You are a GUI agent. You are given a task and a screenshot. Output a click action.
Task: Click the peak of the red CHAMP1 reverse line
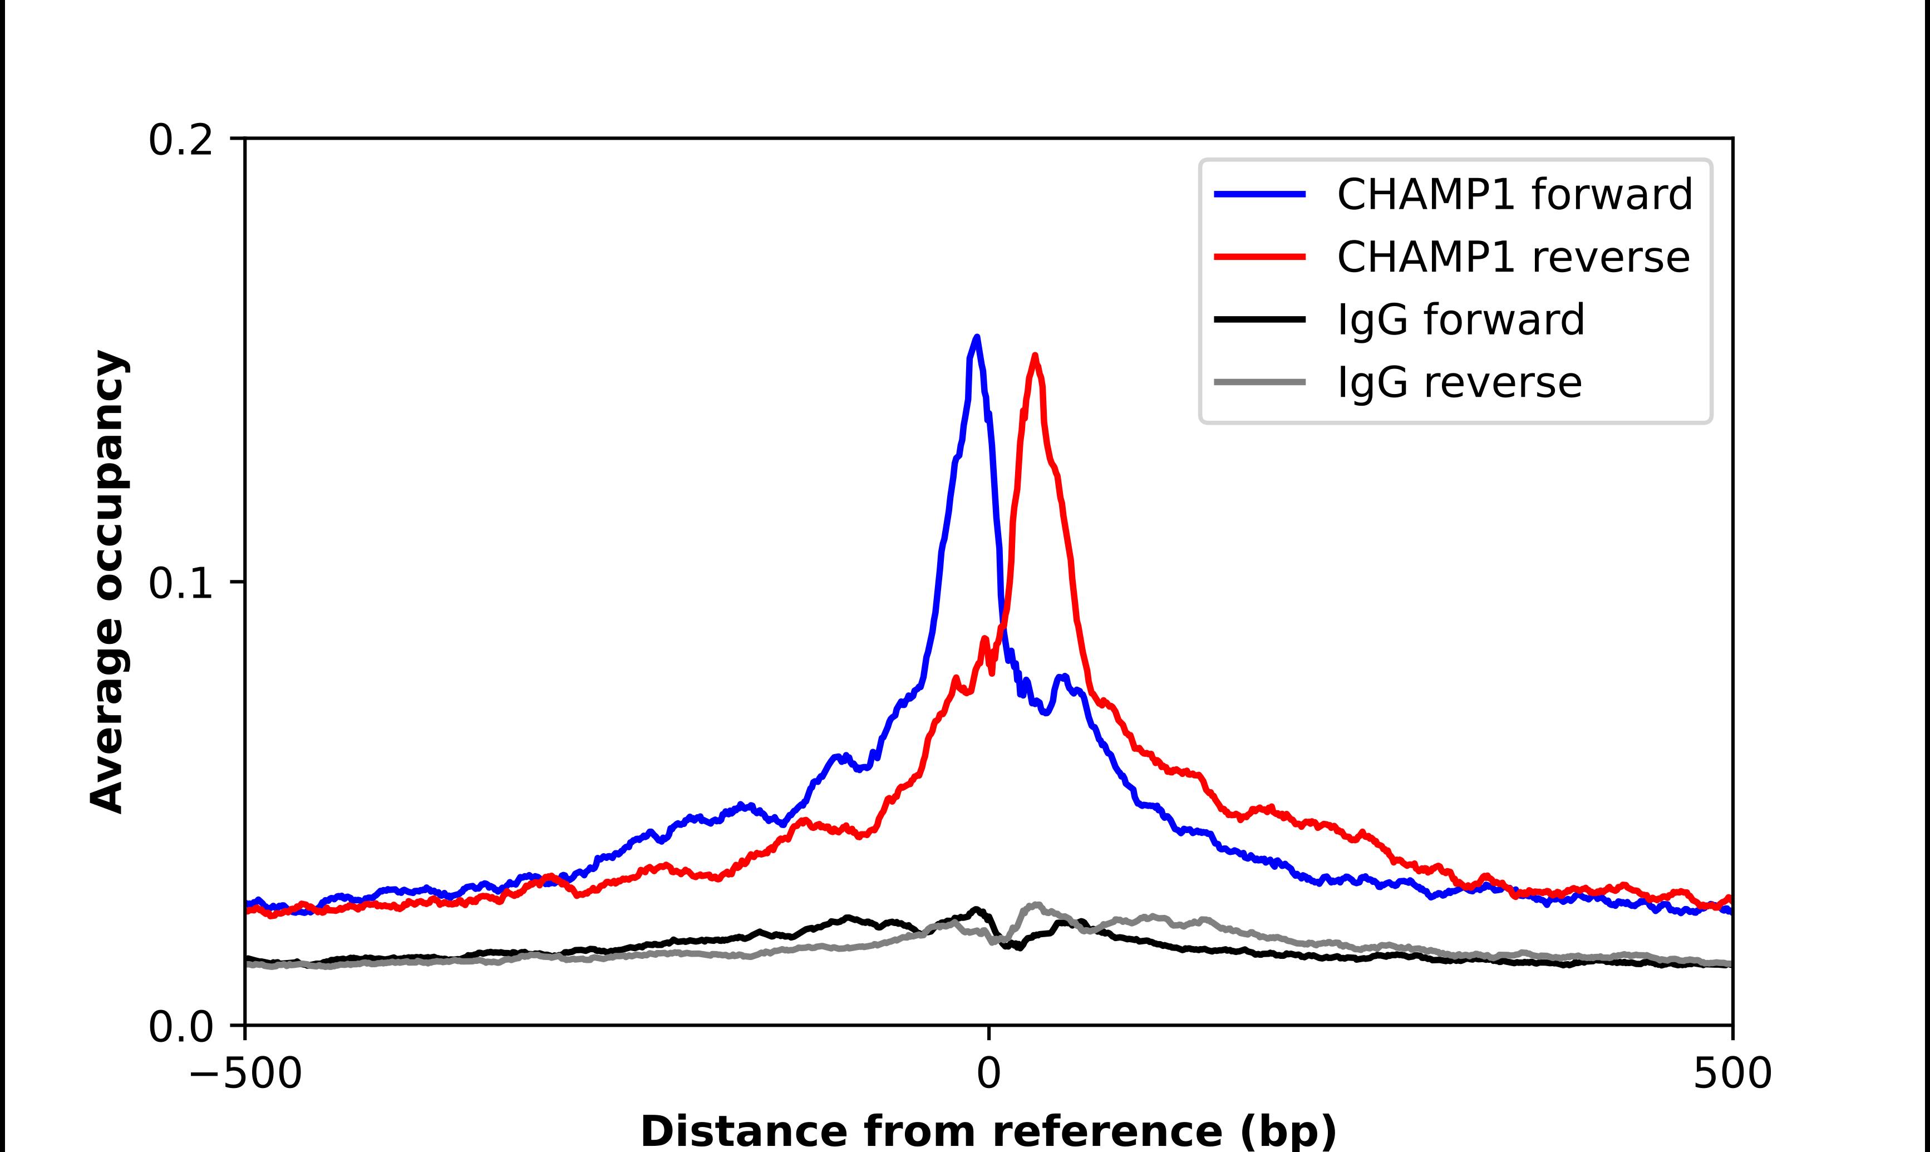pyautogui.click(x=1035, y=356)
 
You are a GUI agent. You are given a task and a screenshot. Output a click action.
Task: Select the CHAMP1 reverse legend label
pyautogui.click(x=1513, y=257)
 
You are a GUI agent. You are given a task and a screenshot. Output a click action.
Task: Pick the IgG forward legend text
pyautogui.click(x=1460, y=320)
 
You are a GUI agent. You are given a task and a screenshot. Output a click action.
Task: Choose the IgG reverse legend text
pyautogui.click(x=1459, y=383)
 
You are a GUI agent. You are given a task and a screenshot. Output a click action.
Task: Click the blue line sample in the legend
pyautogui.click(x=1259, y=194)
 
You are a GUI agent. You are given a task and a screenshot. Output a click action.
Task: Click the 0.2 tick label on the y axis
pyautogui.click(x=180, y=140)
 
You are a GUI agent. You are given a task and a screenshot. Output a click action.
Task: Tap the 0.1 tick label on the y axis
pyautogui.click(x=180, y=583)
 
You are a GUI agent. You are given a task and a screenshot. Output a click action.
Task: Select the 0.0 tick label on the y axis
pyautogui.click(x=180, y=1027)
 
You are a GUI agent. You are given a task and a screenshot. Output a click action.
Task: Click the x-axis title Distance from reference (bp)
pyautogui.click(x=988, y=1130)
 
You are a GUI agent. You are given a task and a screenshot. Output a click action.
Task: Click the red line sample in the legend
pyautogui.click(x=1259, y=257)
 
